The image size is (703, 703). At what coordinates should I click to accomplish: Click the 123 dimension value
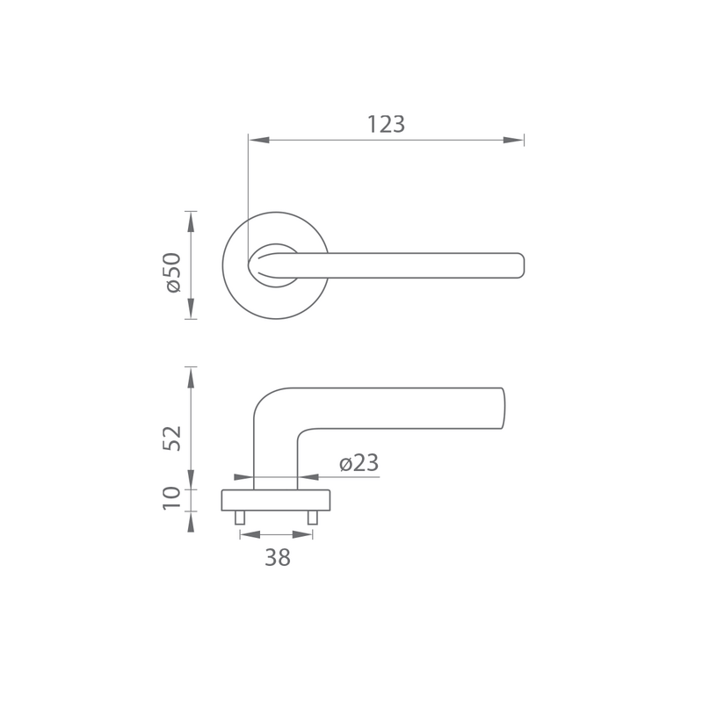386,124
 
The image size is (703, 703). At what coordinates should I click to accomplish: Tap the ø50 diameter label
173,272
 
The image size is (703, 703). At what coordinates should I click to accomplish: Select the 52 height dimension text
172,438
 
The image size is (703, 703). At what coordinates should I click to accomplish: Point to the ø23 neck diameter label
359,463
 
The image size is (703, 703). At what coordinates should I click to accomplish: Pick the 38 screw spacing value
278,557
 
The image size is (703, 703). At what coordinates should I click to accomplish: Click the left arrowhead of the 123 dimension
259,140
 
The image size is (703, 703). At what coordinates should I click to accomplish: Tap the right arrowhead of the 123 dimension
513,140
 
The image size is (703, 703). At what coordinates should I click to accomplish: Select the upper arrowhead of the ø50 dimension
191,222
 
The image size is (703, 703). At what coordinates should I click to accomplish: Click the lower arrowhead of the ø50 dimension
191,308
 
